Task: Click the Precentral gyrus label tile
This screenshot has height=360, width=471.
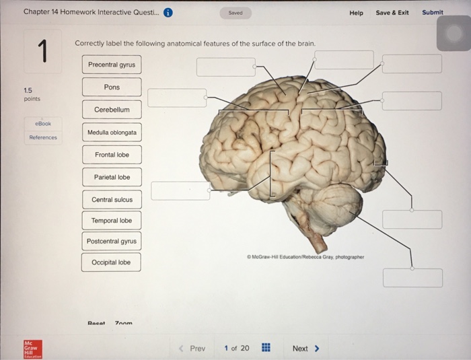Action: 112,65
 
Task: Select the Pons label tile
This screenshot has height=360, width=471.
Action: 112,87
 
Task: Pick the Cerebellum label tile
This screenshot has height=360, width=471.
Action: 112,110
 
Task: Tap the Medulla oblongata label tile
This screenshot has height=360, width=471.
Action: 112,133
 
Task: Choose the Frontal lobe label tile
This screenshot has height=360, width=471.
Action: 112,155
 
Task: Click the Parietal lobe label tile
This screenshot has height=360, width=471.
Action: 112,178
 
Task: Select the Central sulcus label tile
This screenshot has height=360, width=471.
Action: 112,200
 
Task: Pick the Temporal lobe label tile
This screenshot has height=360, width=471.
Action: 112,221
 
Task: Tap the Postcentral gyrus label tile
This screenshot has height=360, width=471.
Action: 112,241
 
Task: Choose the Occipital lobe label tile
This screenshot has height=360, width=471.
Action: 112,262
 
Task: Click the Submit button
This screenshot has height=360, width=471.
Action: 433,12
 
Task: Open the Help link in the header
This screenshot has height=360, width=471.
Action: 356,13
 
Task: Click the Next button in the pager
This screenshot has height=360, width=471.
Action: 305,349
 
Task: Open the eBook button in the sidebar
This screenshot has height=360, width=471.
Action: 42,124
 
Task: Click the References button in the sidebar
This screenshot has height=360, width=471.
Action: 42,137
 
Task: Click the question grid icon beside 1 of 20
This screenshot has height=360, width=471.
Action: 266,349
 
